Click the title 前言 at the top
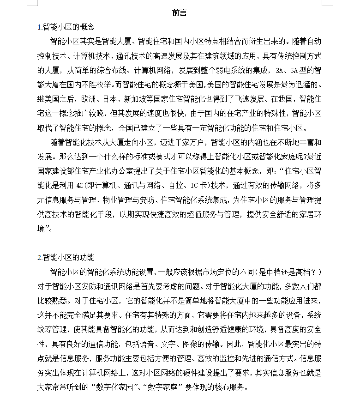coord(180,13)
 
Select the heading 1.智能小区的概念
coord(66,27)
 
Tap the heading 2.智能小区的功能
coord(66,257)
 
